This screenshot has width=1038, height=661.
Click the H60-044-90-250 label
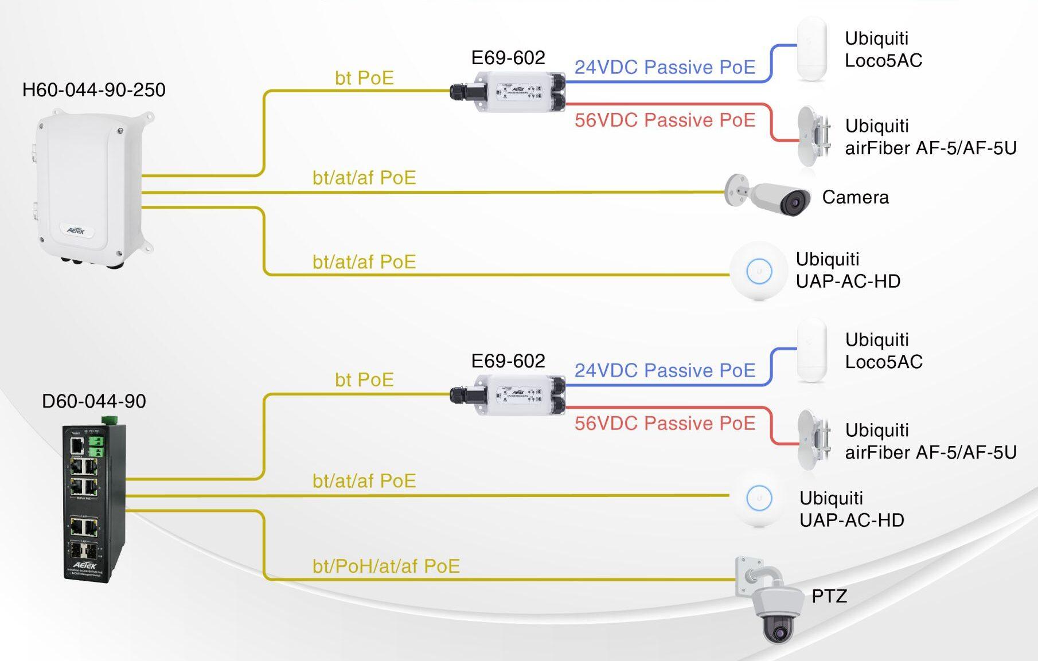[93, 90]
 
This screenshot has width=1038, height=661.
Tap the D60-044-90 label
[93, 401]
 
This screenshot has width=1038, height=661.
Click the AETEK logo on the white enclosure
[76, 230]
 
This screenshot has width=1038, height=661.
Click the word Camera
[855, 197]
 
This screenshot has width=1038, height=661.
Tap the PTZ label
[829, 596]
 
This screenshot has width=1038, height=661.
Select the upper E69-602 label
[508, 58]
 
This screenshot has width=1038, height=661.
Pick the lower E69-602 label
[508, 361]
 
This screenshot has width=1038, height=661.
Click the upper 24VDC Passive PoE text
[665, 68]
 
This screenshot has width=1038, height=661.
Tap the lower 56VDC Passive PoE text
[665, 424]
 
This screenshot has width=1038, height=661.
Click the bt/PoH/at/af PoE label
[386, 566]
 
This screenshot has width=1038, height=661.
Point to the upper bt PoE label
[364, 78]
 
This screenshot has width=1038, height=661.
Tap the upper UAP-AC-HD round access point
[759, 271]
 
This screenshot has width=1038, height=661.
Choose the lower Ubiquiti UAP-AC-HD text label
[851, 509]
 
